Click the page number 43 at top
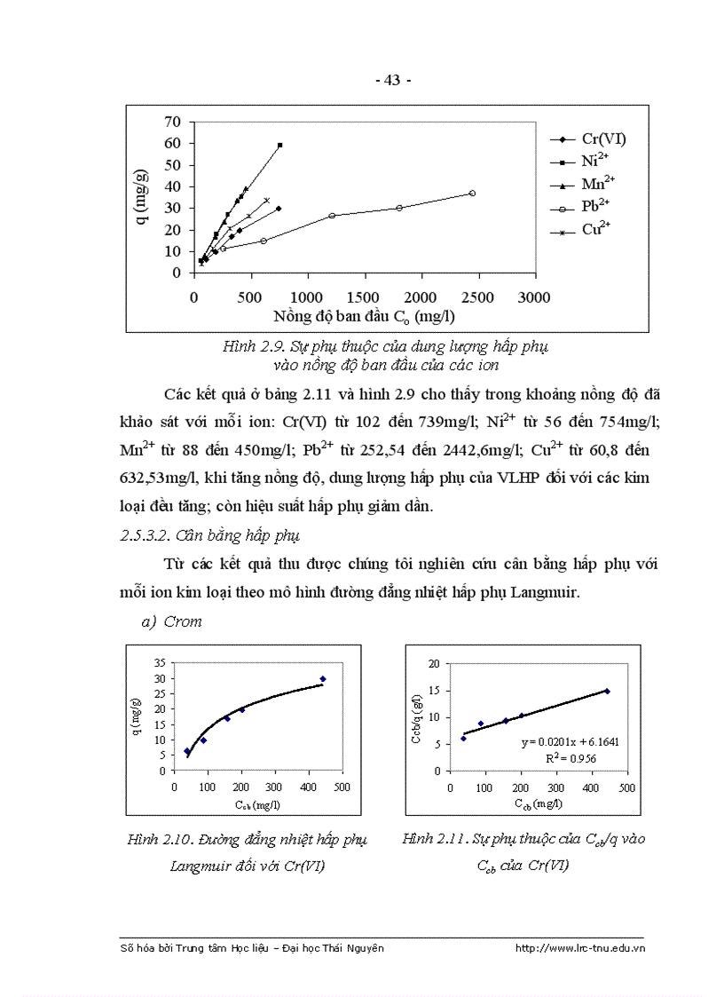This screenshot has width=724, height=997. tap(392, 81)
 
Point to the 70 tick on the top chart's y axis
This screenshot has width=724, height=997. tap(172, 122)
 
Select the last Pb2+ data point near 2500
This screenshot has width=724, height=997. tap(472, 193)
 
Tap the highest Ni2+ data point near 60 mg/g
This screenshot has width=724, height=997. tap(279, 145)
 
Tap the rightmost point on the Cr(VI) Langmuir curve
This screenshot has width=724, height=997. tap(323, 679)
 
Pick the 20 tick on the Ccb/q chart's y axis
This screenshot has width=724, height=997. tap(434, 663)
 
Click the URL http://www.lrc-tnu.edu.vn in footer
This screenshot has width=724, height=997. tap(579, 948)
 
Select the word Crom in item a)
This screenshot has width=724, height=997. tap(183, 621)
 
